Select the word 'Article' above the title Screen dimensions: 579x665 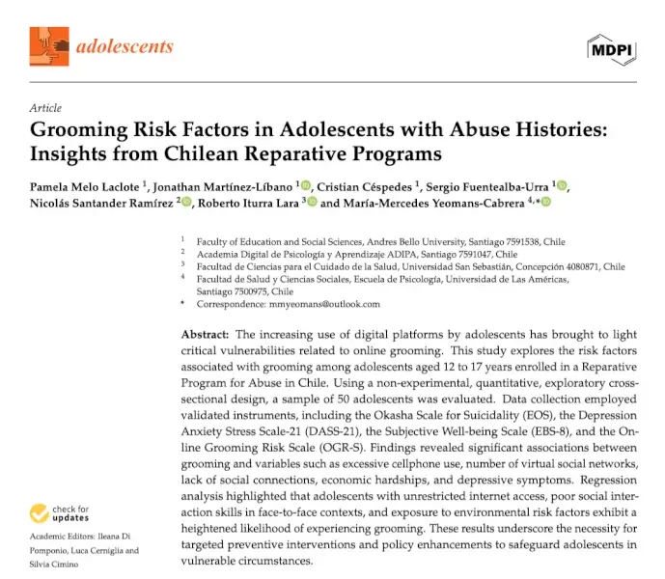click(x=45, y=108)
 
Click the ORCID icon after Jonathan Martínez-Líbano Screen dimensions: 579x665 click(x=305, y=184)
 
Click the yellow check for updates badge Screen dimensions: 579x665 click(x=59, y=513)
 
